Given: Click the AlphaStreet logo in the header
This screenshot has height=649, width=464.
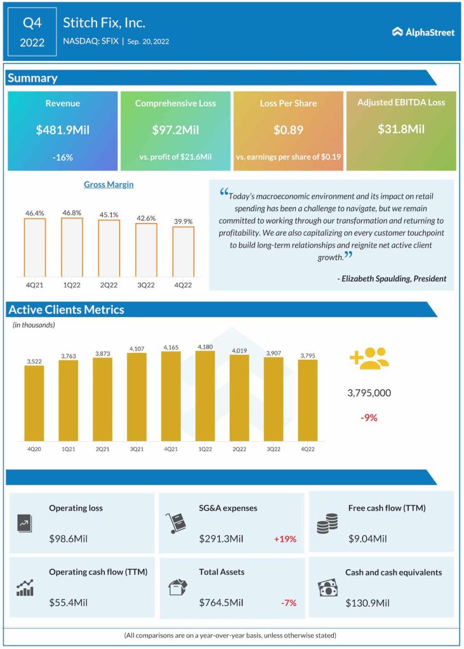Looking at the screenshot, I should click(423, 32).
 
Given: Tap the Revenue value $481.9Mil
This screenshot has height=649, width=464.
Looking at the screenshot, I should click(62, 130).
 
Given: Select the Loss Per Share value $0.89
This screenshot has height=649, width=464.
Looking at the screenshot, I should click(288, 130).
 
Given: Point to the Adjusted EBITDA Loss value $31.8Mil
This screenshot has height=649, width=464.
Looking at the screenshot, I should click(401, 129).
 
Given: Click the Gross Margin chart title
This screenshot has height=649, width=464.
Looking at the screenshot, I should click(109, 184).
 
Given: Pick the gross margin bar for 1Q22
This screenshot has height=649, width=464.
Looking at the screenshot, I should click(72, 247).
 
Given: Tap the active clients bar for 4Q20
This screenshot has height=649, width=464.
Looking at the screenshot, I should click(34, 403).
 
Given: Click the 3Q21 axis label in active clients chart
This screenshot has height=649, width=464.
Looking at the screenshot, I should click(136, 449).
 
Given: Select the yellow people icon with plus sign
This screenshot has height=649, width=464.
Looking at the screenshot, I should click(369, 359).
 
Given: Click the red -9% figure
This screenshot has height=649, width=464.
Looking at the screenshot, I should click(369, 418).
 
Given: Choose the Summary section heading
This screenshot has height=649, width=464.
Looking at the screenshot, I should click(32, 78).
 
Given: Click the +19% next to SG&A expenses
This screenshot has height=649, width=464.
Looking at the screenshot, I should click(285, 539).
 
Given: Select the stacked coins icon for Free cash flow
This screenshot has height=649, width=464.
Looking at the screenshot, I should click(327, 523).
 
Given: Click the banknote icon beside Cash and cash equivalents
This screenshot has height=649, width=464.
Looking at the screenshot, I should click(328, 588).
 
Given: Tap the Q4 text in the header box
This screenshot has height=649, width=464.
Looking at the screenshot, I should click(32, 23).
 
